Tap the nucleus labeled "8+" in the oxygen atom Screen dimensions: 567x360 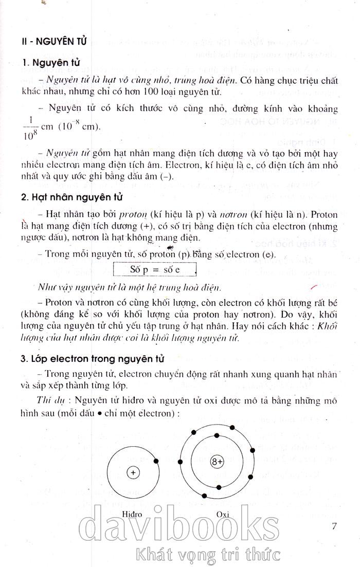[x=217, y=462]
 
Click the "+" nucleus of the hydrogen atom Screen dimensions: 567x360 [x=133, y=472]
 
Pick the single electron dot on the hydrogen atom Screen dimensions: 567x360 [x=156, y=461]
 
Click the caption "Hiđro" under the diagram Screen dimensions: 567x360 [x=133, y=514]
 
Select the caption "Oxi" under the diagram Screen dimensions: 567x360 [x=222, y=514]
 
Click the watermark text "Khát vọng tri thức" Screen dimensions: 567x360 [x=206, y=555]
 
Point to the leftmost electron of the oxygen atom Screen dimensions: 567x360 [x=181, y=461]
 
